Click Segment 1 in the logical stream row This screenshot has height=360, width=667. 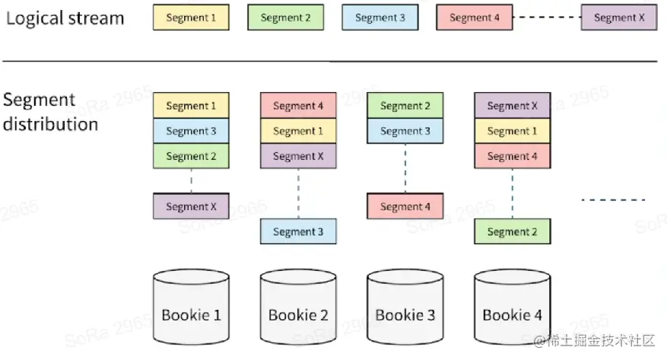[x=191, y=18]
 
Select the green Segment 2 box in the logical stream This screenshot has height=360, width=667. [x=285, y=18]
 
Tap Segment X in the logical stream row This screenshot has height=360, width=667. [x=619, y=18]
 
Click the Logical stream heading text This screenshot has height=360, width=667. [x=65, y=18]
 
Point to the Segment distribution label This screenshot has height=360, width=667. [x=51, y=112]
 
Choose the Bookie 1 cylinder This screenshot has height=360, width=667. [x=191, y=307]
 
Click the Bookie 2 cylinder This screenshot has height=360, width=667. [x=298, y=307]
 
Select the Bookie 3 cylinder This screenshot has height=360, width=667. [x=405, y=307]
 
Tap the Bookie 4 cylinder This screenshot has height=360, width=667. [x=512, y=307]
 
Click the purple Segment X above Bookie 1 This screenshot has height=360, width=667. [x=191, y=206]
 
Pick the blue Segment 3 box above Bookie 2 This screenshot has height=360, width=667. [x=298, y=231]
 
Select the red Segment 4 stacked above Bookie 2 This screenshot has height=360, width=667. [x=298, y=106]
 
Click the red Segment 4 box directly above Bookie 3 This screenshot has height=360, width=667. [x=405, y=206]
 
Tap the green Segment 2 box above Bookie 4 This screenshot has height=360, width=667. [x=512, y=231]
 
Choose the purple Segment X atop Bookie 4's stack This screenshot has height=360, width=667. [x=512, y=106]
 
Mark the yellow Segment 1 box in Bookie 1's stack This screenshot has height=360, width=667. [x=191, y=106]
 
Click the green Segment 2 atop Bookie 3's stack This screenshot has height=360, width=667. [x=405, y=106]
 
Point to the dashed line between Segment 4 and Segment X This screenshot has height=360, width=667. [x=547, y=18]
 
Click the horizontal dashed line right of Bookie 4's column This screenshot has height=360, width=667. [x=614, y=199]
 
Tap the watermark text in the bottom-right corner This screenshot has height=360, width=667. [x=594, y=340]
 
